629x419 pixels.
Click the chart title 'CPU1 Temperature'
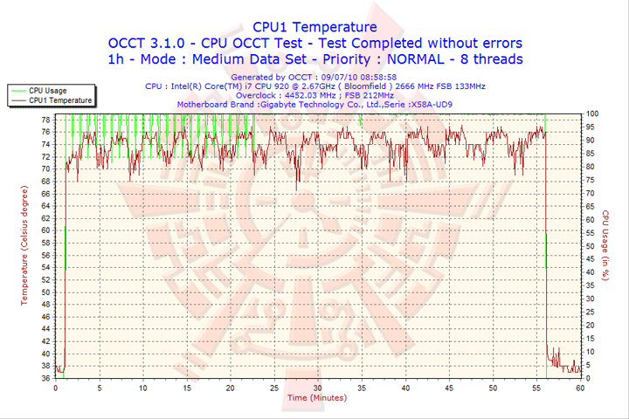314,27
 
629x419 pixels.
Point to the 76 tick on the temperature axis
45,132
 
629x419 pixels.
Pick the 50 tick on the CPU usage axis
591,246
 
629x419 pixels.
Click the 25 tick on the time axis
275,388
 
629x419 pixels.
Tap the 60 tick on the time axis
580,388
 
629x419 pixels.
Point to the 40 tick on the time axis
405,388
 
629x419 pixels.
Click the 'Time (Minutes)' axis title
316,398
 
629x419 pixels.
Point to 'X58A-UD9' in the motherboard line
431,106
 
